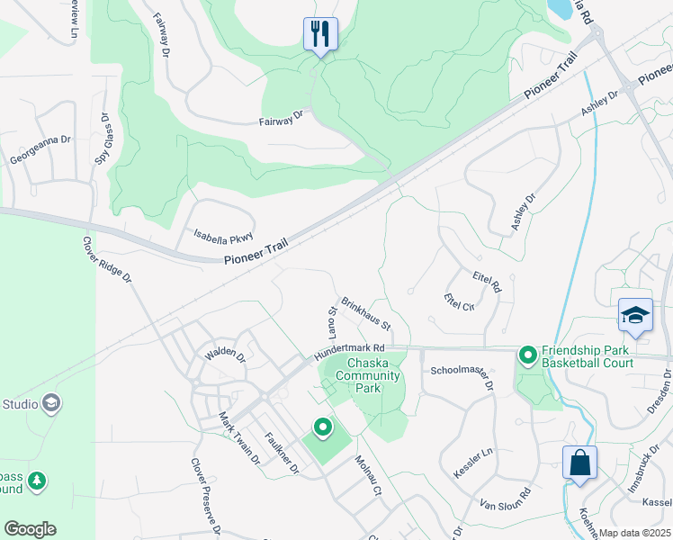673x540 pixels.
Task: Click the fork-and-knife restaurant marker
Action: click(x=320, y=35)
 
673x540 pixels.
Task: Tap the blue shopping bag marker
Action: click(x=580, y=463)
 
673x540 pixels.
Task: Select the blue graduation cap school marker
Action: click(x=635, y=316)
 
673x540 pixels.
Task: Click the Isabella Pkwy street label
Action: click(x=224, y=237)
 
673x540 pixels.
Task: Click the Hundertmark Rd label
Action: click(x=350, y=351)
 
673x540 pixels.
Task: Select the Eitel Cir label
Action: click(x=459, y=301)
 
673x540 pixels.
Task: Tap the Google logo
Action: click(x=30, y=529)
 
